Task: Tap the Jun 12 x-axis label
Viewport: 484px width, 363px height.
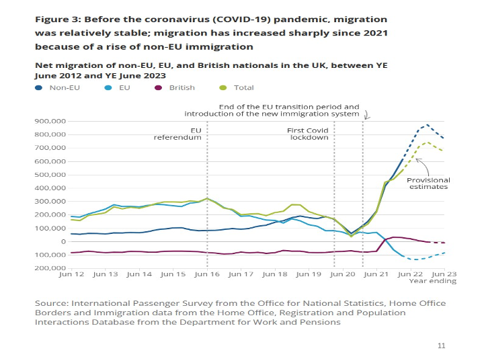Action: pos(71,274)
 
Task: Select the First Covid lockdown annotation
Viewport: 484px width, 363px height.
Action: pos(309,133)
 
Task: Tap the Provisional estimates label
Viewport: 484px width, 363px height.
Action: pos(430,184)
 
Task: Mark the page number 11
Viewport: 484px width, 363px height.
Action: pos(441,346)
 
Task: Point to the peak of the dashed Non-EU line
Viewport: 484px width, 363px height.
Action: pos(428,125)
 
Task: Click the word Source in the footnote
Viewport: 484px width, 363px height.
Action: pos(52,304)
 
